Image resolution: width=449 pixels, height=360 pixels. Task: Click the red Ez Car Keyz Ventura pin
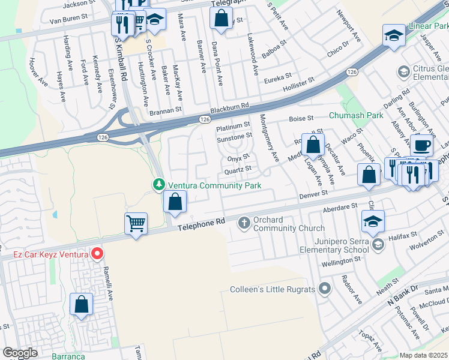[96, 254]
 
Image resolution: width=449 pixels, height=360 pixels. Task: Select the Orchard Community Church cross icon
[244, 223]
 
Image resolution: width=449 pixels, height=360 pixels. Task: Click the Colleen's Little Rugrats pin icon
[325, 289]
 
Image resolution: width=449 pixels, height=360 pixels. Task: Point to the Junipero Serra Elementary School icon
[378, 244]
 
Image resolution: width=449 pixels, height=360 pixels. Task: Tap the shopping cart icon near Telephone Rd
[136, 224]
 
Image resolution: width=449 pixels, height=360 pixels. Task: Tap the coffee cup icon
[421, 145]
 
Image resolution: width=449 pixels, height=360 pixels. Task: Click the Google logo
[20, 353]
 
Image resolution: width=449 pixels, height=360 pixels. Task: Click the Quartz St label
[238, 170]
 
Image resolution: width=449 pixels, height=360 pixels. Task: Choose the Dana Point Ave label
[219, 62]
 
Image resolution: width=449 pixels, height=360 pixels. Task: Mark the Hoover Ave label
[36, 71]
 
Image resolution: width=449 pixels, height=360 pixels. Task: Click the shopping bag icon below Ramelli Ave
[81, 304]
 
